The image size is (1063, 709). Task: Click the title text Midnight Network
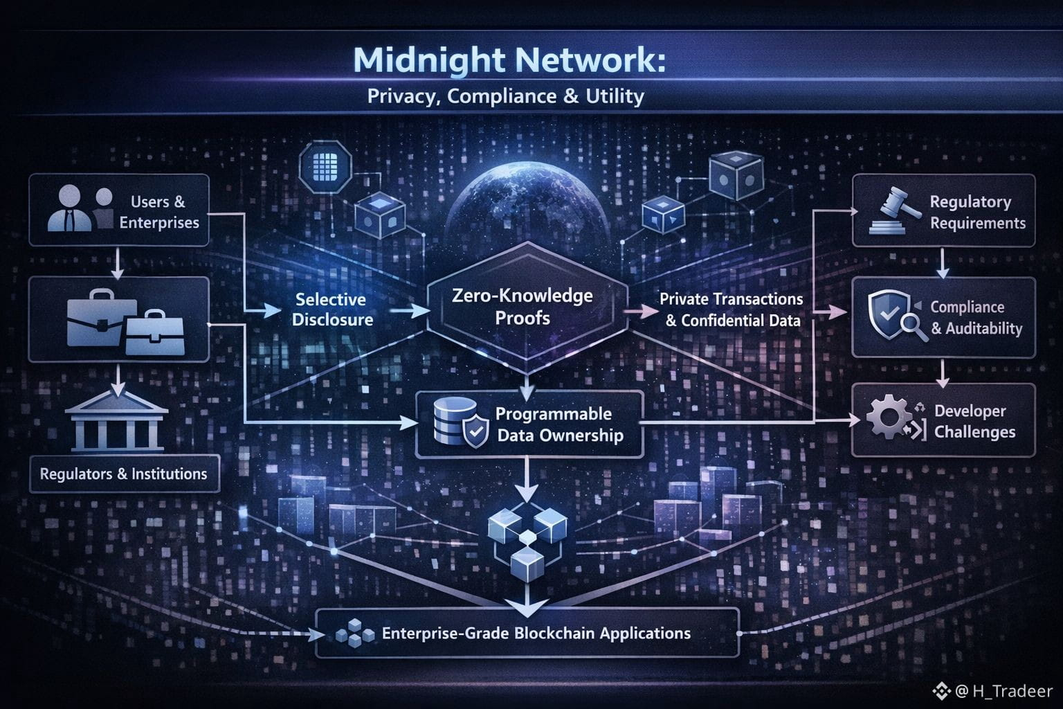pos(509,60)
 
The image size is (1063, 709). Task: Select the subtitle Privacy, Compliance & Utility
pos(505,96)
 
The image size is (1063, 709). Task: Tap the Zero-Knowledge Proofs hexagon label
pos(522,307)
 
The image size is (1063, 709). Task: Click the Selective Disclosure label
pos(331,309)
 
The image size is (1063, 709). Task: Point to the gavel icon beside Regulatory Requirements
pos(891,210)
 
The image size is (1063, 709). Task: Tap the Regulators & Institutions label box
pos(123,474)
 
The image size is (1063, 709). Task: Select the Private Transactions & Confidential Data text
pos(732,309)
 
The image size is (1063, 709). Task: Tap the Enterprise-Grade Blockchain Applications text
pos(536,633)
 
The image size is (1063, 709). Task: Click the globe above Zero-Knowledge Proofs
pos(527,201)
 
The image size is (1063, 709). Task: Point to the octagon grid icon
pos(325,166)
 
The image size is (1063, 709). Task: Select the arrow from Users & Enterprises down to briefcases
pos(118,263)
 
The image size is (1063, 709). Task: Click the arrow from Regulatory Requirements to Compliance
pos(943,263)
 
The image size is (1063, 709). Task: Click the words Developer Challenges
pos(974,421)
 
